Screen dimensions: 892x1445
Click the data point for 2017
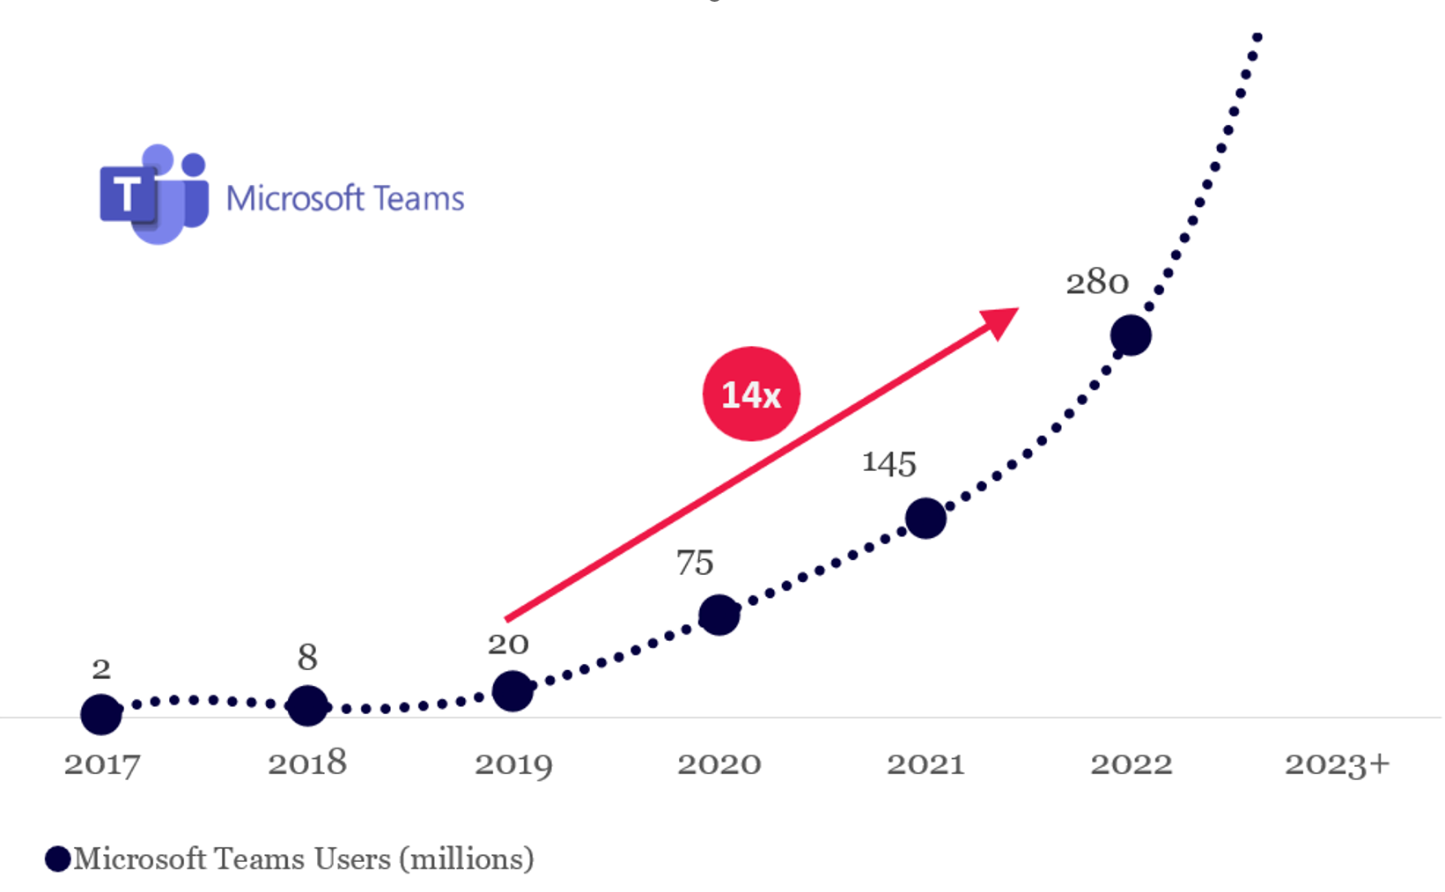(101, 714)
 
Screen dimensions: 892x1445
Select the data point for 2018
(307, 705)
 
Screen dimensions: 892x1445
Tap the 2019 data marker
(512, 691)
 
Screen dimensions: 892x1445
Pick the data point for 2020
(719, 615)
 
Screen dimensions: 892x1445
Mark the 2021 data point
(925, 518)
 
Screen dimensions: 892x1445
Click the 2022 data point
(1131, 335)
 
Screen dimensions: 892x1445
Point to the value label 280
(1096, 283)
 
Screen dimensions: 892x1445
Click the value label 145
(888, 463)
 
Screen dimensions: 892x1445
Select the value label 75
(695, 563)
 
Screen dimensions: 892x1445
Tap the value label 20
(508, 644)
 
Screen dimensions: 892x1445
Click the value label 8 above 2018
(307, 657)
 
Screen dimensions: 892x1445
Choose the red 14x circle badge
(751, 394)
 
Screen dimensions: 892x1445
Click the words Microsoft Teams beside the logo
(345, 199)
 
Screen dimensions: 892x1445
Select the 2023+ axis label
(1336, 763)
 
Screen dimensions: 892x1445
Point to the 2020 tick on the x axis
(719, 763)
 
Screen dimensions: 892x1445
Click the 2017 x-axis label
(102, 763)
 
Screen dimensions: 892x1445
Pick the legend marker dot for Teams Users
(58, 859)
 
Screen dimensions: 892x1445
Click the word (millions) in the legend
(467, 859)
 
